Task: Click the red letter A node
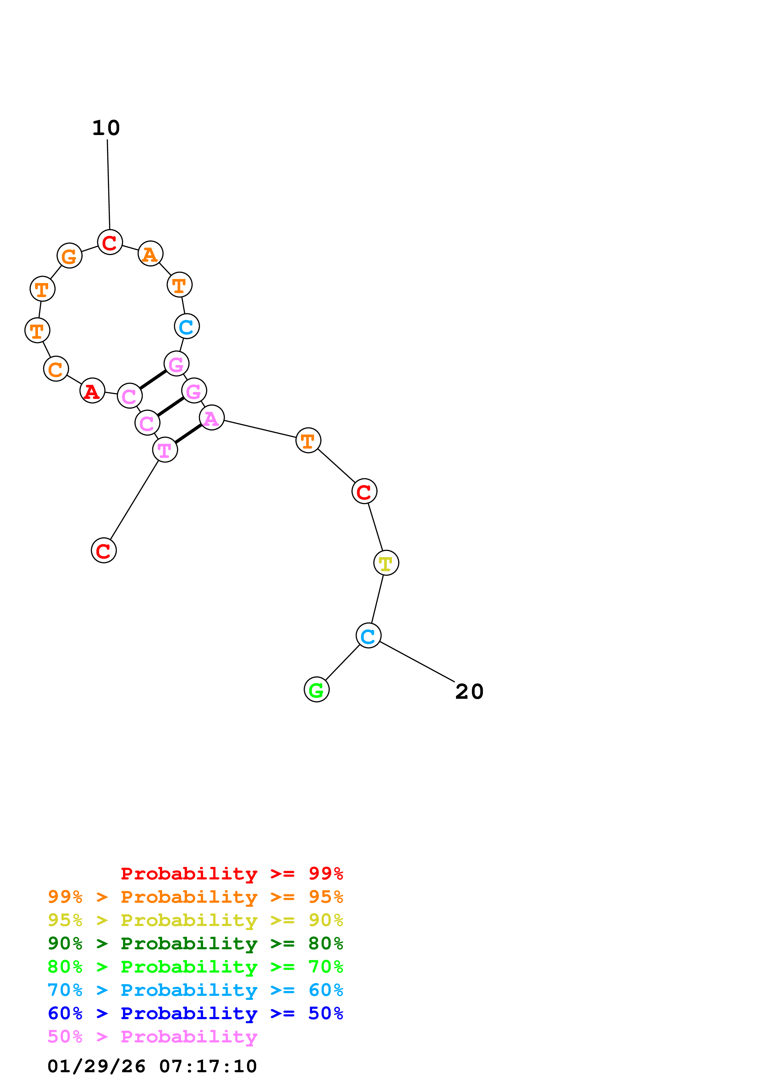(x=92, y=391)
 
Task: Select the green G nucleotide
(x=317, y=690)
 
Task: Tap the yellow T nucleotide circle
(x=386, y=563)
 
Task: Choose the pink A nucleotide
(x=212, y=418)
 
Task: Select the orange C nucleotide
(x=56, y=369)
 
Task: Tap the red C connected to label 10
(x=110, y=242)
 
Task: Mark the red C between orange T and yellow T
(x=364, y=491)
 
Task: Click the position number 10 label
(x=106, y=128)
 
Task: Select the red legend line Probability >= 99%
(x=231, y=874)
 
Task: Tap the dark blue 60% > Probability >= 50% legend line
(x=195, y=1013)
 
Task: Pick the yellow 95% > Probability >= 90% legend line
(x=195, y=920)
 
